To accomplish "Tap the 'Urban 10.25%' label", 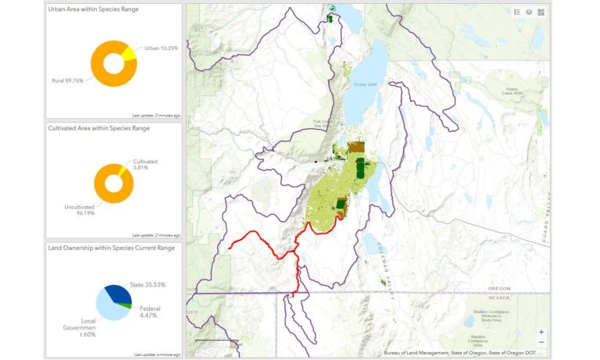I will click(x=161, y=48).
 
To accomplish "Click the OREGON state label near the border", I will click(x=498, y=288).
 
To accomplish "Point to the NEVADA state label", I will click(x=498, y=298).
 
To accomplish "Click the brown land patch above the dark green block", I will click(x=356, y=146).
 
